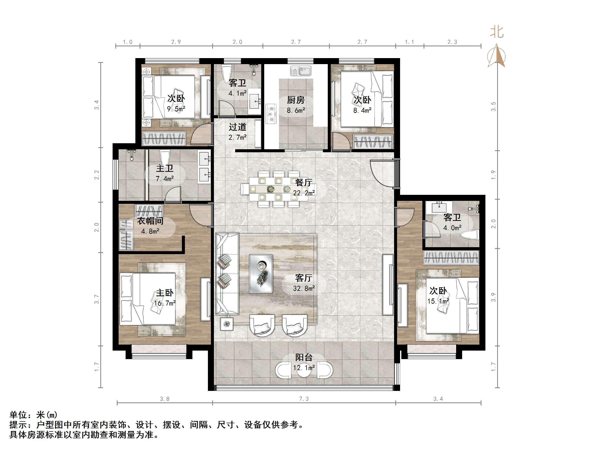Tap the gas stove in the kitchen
click(271, 114)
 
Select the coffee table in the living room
click(261, 274)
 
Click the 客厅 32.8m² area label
click(304, 283)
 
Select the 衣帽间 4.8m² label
click(150, 226)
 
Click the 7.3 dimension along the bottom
click(304, 399)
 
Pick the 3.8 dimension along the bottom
click(164, 399)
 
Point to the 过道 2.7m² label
click(237, 132)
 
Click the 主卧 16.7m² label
click(165, 298)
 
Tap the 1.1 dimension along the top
click(409, 42)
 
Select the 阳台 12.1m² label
click(304, 362)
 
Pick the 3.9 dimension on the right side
click(494, 297)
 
